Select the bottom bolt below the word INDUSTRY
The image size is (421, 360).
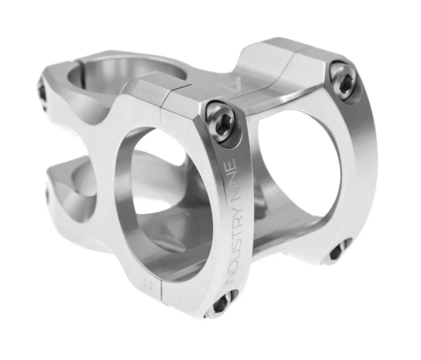222,304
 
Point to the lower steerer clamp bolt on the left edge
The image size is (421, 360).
47,196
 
